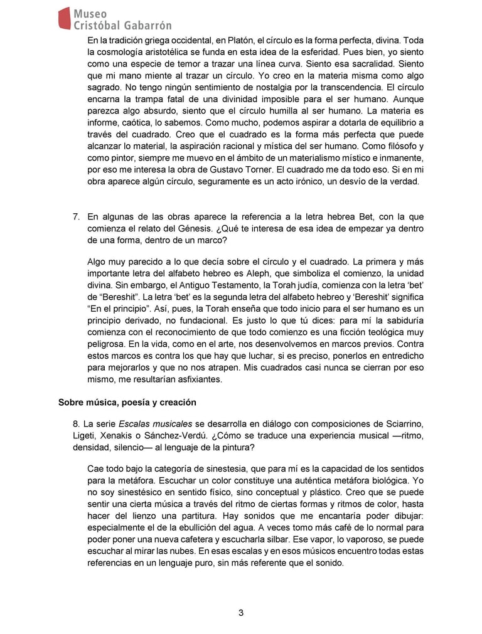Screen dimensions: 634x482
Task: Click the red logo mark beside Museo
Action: coord(64,18)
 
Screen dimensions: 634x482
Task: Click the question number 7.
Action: coord(75,217)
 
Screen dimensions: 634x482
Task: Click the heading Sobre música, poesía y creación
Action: coord(127,402)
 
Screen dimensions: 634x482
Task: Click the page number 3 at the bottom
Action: coord(241,613)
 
